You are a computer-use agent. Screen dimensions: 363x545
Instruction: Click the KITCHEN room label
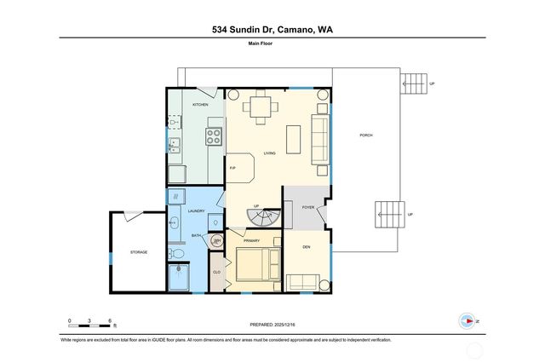pos(200,105)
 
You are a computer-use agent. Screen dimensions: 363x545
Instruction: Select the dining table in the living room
pos(261,107)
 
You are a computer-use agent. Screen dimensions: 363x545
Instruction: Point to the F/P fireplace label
pos(232,169)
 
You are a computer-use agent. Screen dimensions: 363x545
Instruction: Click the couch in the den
pos(303,282)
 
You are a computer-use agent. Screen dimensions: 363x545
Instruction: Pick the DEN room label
pos(307,247)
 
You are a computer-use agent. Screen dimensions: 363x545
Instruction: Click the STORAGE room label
pos(139,252)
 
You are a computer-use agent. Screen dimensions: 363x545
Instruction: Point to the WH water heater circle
pos(217,242)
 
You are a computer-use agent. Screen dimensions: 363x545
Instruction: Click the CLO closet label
pos(216,272)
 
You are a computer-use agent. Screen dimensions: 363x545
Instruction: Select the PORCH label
pos(366,135)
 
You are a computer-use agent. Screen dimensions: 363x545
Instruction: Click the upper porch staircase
pos(414,84)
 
